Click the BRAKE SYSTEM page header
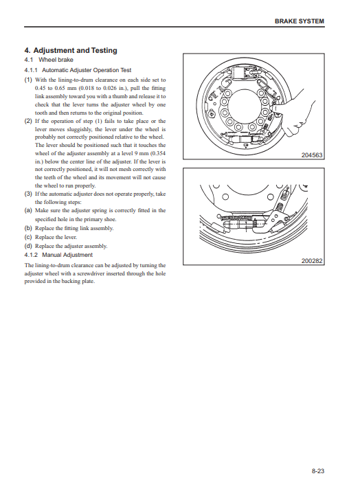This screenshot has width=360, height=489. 299,21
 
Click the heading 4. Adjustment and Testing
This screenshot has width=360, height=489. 71,50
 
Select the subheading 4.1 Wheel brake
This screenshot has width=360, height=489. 49,60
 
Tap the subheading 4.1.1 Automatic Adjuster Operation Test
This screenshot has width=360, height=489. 78,70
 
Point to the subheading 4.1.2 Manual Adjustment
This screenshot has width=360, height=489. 58,255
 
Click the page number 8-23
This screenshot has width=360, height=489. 318,471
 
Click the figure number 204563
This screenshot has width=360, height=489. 312,155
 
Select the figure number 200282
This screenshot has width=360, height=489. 312,261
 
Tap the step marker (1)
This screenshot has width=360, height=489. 28,80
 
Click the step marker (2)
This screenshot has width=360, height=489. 28,121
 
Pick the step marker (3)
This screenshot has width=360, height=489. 28,194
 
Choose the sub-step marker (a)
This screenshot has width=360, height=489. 28,210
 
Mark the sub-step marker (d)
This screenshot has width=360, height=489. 28,246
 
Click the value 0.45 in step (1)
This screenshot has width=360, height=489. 40,89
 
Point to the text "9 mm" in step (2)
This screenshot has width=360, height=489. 142,153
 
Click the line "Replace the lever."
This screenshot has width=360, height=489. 56,237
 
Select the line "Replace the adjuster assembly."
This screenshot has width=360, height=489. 71,246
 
